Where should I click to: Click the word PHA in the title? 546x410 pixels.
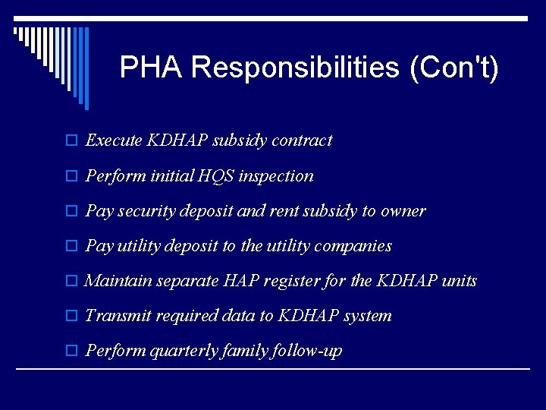pyautogui.click(x=151, y=68)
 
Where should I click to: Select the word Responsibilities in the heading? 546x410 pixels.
pyautogui.click(x=296, y=68)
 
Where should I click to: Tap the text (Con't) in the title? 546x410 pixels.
pyautogui.click(x=453, y=68)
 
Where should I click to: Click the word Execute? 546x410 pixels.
pyautogui.click(x=114, y=140)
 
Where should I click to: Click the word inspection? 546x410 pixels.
pyautogui.click(x=275, y=176)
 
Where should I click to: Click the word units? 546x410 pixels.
pyautogui.click(x=459, y=281)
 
